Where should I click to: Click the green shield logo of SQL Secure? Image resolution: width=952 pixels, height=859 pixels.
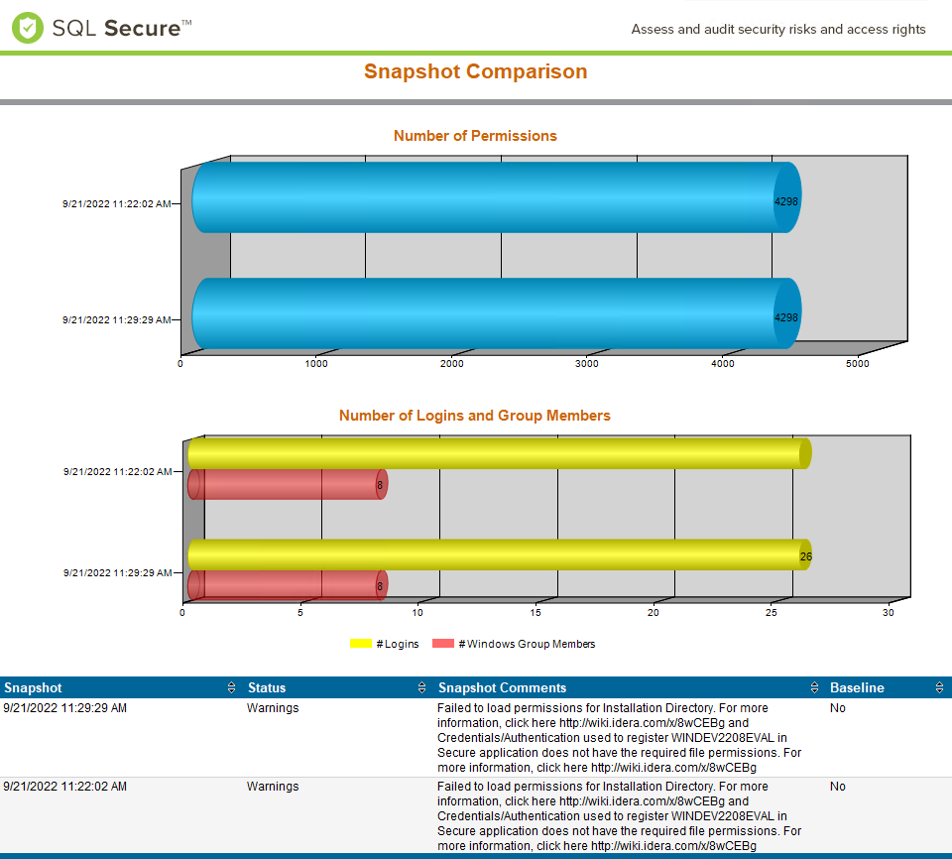pos(28,28)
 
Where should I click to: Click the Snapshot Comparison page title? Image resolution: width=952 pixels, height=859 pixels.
pos(475,71)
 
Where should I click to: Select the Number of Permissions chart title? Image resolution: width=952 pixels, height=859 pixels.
pos(475,136)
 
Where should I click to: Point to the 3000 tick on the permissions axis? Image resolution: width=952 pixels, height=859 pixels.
pos(587,364)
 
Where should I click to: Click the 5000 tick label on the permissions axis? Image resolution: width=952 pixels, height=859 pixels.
pos(858,364)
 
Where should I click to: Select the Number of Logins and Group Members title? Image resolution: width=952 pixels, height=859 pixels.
pos(475,416)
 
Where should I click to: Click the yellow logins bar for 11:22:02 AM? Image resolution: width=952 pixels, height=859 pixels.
pos(496,453)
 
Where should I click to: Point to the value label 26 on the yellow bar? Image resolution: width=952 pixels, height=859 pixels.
pos(806,556)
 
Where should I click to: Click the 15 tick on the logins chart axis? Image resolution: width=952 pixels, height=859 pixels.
pos(535,612)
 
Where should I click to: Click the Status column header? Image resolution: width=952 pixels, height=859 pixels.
pos(267,687)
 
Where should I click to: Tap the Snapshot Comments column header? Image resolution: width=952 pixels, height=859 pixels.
pos(503,687)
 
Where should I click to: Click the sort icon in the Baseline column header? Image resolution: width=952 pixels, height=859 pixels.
pos(939,687)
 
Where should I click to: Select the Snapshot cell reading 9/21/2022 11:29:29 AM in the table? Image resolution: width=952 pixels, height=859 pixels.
pos(65,708)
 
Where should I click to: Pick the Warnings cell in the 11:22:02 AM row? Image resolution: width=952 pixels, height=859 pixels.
pos(273,787)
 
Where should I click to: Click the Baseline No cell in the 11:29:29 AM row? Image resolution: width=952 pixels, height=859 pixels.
pos(838,708)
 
